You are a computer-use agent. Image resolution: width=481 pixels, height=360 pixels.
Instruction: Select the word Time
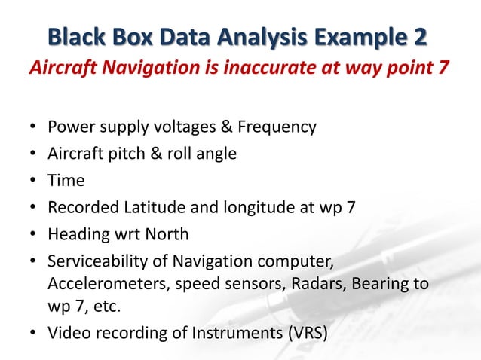(x=66, y=181)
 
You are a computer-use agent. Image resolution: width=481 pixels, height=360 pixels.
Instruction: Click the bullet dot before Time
(x=33, y=182)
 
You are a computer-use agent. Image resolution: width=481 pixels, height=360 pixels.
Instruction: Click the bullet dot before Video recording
(x=33, y=333)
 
